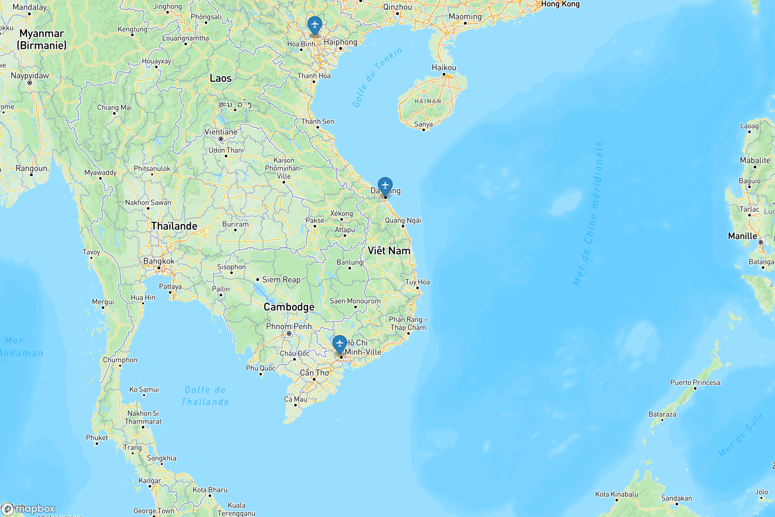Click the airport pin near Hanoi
tap(315, 25)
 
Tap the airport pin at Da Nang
tap(385, 185)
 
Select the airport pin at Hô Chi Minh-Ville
tap(339, 343)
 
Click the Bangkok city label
tap(159, 261)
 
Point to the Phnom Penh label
tap(289, 326)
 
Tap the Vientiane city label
tap(221, 132)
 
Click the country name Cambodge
tap(289, 307)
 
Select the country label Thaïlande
tap(174, 226)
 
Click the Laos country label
tap(221, 79)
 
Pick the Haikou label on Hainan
tap(444, 68)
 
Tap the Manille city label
tap(742, 236)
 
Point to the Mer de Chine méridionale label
tap(588, 214)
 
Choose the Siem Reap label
tap(281, 280)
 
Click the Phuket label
tap(97, 438)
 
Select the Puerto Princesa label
tap(695, 383)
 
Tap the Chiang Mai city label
tap(114, 108)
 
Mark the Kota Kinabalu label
tap(616, 494)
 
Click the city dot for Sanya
tap(424, 130)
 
